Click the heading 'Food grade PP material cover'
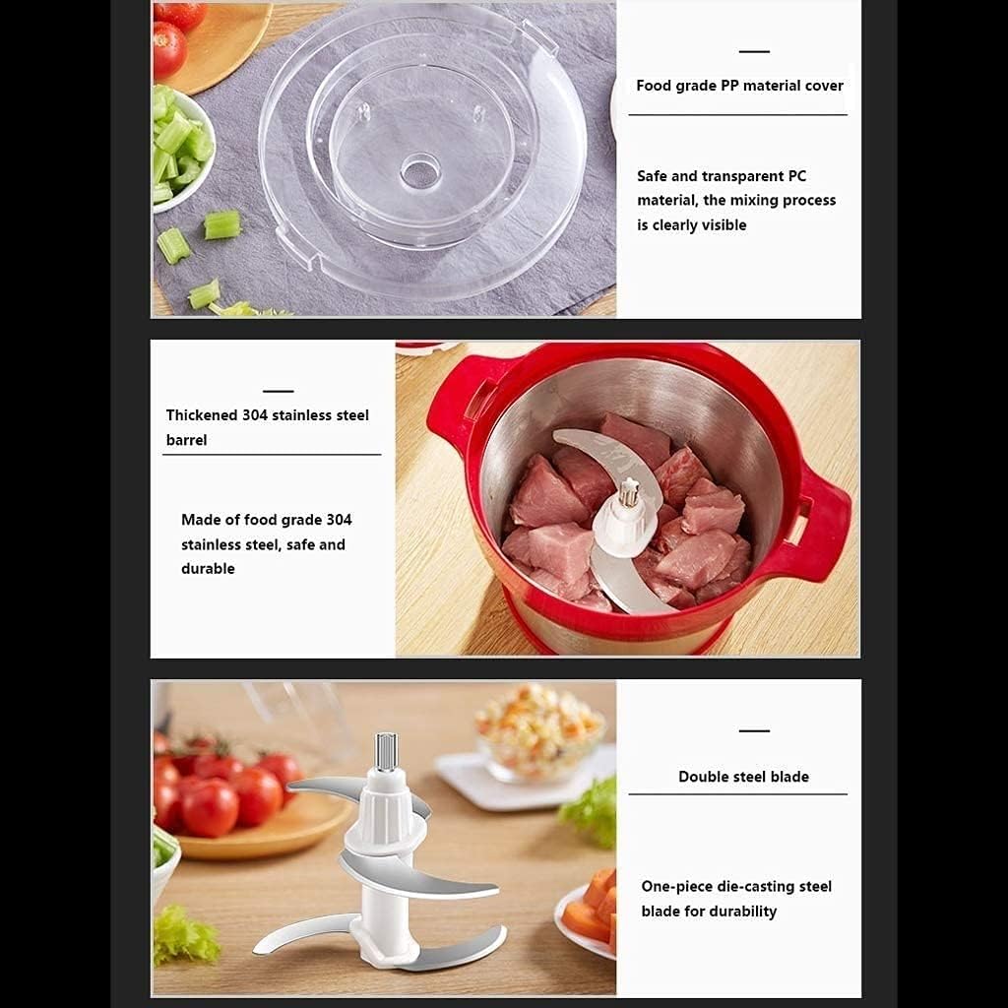[x=738, y=86]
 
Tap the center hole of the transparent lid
[x=420, y=170]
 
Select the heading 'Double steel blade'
[x=743, y=777]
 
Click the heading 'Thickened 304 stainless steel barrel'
[x=267, y=427]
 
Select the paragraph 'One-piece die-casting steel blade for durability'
[x=736, y=899]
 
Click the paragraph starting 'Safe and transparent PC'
[x=735, y=201]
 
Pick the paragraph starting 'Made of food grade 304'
[x=266, y=543]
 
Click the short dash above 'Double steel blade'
[x=754, y=731]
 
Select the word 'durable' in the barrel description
[x=208, y=569]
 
